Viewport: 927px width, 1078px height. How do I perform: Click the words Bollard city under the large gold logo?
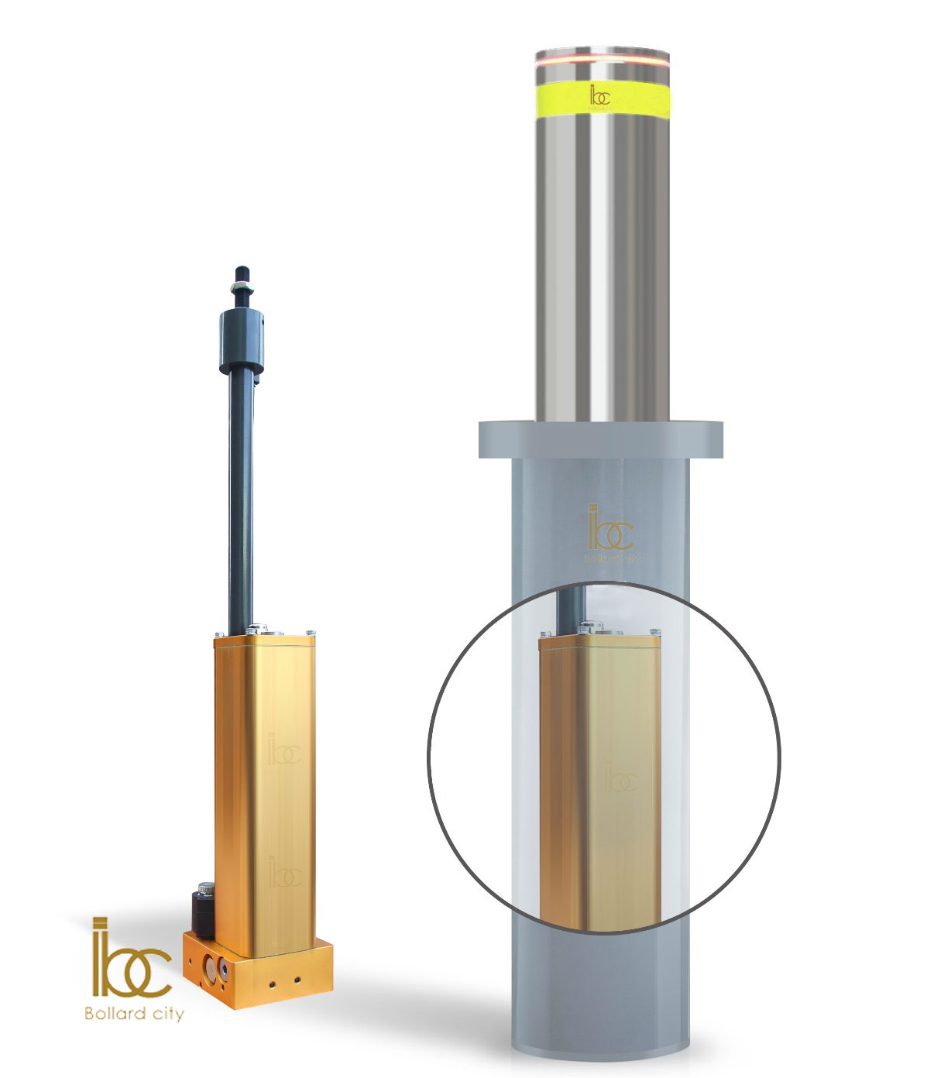coord(134,1013)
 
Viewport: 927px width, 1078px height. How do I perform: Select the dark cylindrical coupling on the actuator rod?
coord(241,338)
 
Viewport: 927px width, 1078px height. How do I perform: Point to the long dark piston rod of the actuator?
coord(240,496)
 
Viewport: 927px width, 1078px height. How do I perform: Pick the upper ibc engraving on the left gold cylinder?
coord(283,750)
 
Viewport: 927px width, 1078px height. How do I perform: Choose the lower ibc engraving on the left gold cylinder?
coord(283,873)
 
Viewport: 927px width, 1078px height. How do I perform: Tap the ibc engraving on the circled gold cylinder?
coord(620,778)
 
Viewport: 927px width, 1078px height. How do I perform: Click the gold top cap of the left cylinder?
coord(266,639)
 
